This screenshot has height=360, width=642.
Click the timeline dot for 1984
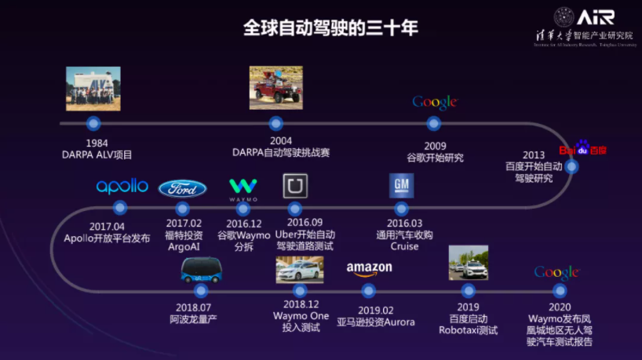(x=93, y=123)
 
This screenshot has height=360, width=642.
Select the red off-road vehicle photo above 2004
(x=275, y=87)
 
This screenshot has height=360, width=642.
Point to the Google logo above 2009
(x=434, y=102)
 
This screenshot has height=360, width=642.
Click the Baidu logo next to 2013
(x=582, y=149)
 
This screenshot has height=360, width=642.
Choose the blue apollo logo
(x=122, y=186)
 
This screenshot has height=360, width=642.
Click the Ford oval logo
(x=182, y=188)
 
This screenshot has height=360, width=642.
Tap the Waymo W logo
(x=243, y=189)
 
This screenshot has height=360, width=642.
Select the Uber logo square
(x=295, y=186)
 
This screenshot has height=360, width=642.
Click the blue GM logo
(x=401, y=186)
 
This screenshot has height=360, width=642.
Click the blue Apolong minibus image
(x=202, y=270)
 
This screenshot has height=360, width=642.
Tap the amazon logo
(x=369, y=269)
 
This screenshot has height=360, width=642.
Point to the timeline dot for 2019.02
(x=366, y=290)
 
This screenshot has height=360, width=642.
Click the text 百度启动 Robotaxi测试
(x=468, y=324)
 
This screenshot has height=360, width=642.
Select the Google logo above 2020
(x=556, y=272)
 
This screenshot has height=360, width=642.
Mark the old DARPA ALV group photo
(x=93, y=89)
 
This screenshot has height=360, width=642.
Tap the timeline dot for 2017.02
(x=183, y=208)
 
